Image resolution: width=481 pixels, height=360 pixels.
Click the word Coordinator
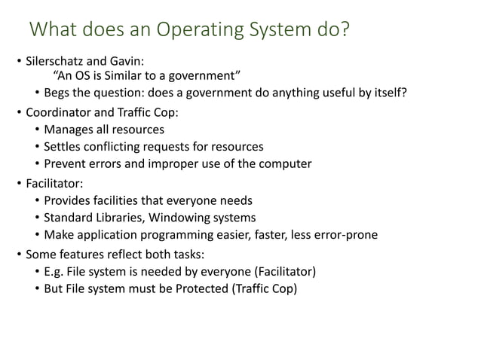coord(60,113)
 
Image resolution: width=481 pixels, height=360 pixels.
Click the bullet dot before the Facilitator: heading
coord(21,182)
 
